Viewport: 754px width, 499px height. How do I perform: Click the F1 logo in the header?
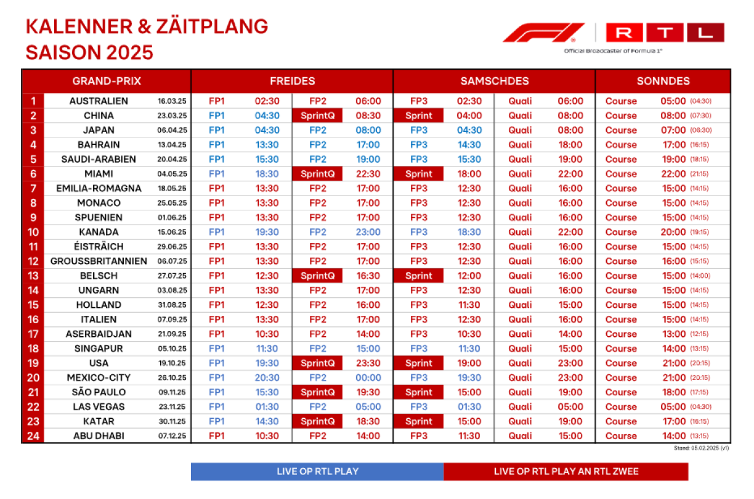[544, 33]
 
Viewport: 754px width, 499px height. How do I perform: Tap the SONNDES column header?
[663, 81]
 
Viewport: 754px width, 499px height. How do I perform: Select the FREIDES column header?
[292, 81]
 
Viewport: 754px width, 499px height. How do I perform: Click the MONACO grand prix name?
[99, 203]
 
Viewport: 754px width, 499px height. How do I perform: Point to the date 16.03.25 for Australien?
[172, 101]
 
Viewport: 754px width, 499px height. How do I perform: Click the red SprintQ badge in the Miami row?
[317, 174]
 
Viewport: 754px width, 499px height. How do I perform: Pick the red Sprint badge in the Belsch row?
[418, 276]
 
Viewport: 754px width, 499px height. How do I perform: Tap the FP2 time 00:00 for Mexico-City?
[368, 377]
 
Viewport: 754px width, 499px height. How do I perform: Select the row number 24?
[33, 436]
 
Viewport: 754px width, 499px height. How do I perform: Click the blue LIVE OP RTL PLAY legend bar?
[317, 471]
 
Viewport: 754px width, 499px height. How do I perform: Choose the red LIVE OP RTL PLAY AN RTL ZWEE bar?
[566, 471]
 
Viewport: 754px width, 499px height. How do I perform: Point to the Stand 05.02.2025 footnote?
[701, 448]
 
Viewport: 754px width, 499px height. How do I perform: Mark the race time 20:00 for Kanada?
[673, 232]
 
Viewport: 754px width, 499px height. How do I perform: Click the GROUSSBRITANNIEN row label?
[99, 261]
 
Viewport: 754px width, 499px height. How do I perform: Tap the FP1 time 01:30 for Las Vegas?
[267, 406]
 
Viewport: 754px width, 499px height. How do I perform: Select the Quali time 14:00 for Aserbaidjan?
[570, 334]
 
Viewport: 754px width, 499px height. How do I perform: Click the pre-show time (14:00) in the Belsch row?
[700, 276]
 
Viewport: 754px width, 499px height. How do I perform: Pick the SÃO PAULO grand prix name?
[99, 392]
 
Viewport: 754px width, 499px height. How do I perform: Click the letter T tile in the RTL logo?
[665, 32]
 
